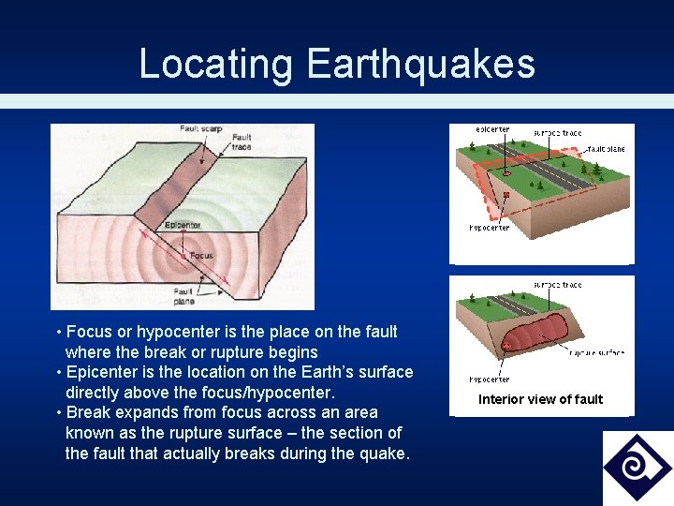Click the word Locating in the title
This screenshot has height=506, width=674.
point(215,64)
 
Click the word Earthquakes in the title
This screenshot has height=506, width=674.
point(420,64)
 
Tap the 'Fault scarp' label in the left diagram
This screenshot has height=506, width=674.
point(200,128)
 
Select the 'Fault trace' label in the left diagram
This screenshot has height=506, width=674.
point(241,142)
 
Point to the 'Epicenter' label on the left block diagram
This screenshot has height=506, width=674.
point(183,225)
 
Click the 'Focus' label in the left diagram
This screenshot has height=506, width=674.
point(201,255)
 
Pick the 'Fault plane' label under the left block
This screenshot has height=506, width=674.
point(183,296)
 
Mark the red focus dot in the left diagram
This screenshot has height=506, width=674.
point(183,255)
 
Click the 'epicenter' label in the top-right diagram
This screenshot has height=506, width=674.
point(492,130)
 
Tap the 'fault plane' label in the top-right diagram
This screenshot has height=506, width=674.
point(607,148)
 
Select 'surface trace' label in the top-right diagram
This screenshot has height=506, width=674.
point(557,133)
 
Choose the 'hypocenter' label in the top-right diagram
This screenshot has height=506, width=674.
point(490,228)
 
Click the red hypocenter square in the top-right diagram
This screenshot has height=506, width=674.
point(506,195)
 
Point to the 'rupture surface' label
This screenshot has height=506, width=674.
point(596,352)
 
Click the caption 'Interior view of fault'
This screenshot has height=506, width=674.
point(540,399)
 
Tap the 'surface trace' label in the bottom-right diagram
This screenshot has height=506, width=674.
point(557,284)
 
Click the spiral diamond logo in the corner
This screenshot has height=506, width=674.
point(637,468)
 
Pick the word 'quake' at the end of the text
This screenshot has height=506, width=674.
point(384,454)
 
